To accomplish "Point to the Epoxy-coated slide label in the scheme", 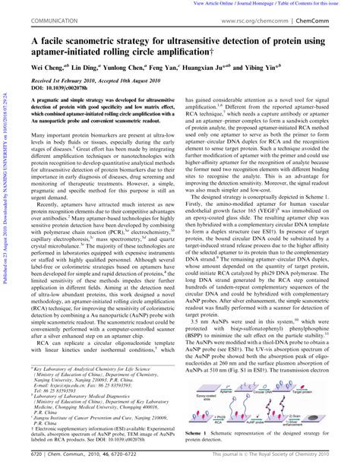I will pos(204,396).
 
